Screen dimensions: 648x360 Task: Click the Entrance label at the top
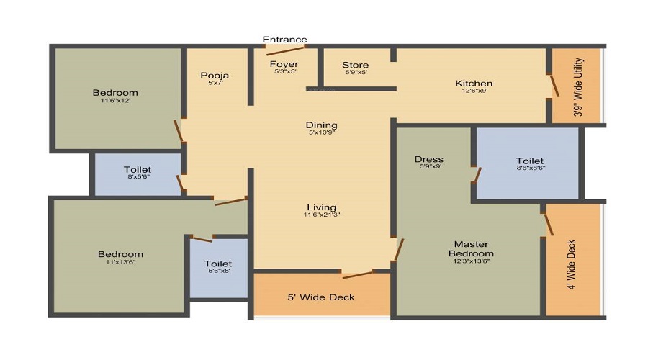284,40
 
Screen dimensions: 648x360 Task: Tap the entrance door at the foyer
286,50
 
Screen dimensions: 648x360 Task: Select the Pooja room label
215,75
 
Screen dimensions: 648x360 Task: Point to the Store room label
356,65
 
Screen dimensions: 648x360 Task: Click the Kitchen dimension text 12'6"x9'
474,91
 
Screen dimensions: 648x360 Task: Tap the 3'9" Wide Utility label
578,87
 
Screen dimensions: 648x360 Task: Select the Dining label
322,125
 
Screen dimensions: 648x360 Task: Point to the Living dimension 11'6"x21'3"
322,215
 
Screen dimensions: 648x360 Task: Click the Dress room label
429,159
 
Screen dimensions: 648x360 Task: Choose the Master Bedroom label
471,249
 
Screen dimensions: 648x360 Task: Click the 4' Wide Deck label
571,264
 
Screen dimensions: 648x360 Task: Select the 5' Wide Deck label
321,297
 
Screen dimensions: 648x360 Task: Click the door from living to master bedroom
398,249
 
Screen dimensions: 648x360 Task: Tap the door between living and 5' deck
357,275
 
